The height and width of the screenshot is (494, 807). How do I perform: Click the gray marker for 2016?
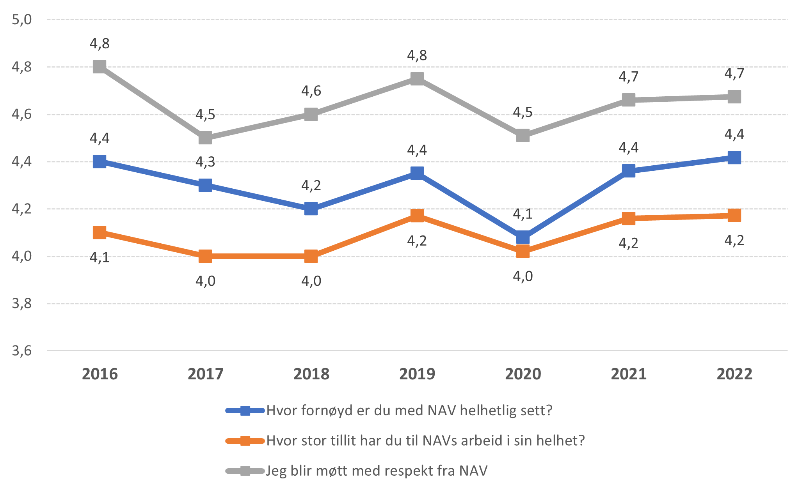pyautogui.click(x=100, y=67)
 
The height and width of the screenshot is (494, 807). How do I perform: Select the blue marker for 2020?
pyautogui.click(x=523, y=237)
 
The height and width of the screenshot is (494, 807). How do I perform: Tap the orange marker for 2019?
pyautogui.click(x=417, y=216)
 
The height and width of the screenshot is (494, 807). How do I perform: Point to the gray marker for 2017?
pyautogui.click(x=205, y=138)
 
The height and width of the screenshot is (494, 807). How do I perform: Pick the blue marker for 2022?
pyautogui.click(x=734, y=158)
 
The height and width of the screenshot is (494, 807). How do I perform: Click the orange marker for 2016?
pyautogui.click(x=100, y=233)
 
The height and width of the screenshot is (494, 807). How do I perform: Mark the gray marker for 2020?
pyautogui.click(x=523, y=136)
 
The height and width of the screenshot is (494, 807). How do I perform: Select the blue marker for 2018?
pyautogui.click(x=311, y=209)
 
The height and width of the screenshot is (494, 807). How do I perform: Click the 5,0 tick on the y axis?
pyautogui.click(x=22, y=19)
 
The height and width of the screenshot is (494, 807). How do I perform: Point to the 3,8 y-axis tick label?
pyautogui.click(x=22, y=303)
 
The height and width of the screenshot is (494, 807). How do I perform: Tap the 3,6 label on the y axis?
pyautogui.click(x=22, y=351)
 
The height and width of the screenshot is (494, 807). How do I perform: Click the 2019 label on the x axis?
pyautogui.click(x=417, y=374)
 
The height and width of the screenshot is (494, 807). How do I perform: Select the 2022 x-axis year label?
pyautogui.click(x=734, y=374)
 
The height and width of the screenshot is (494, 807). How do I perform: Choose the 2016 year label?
pyautogui.click(x=100, y=374)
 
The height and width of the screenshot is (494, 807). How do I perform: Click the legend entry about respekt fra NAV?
pyautogui.click(x=377, y=471)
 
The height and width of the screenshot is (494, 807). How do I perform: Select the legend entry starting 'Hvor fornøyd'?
pyautogui.click(x=409, y=411)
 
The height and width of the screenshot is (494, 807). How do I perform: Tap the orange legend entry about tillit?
pyautogui.click(x=425, y=441)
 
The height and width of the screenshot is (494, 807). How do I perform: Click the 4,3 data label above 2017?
pyautogui.click(x=205, y=162)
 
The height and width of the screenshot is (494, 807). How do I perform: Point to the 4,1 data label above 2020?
pyautogui.click(x=523, y=214)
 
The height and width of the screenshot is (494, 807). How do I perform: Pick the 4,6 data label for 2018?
pyautogui.click(x=311, y=91)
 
